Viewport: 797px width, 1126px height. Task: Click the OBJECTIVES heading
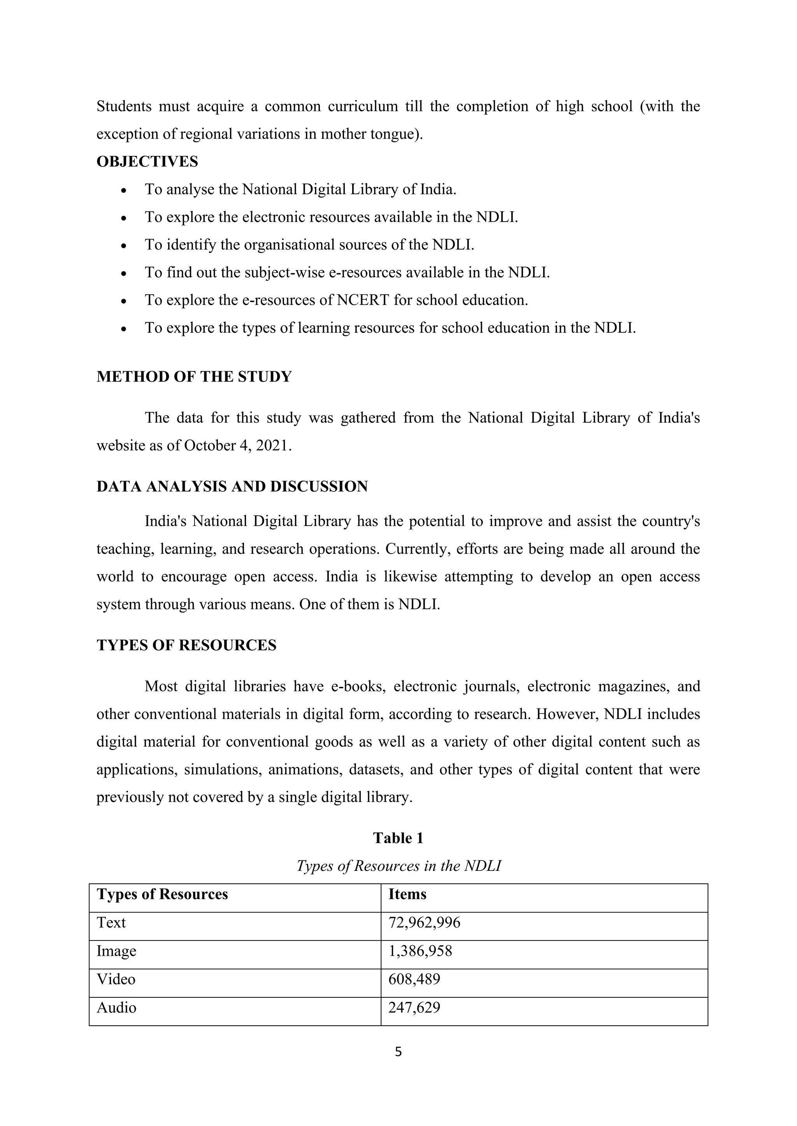tap(147, 161)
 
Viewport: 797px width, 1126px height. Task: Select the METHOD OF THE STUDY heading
tap(194, 377)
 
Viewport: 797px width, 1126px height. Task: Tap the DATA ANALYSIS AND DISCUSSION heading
tap(232, 486)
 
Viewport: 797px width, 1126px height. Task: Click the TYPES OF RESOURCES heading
tap(186, 645)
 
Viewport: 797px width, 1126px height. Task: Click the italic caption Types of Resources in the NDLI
tap(398, 865)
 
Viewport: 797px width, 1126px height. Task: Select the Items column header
tap(407, 894)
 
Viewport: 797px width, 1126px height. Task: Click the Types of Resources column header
tap(162, 894)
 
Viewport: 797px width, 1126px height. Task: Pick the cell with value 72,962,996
tap(425, 923)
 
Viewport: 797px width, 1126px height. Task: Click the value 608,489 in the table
tap(414, 979)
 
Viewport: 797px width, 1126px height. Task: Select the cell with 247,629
tap(414, 1007)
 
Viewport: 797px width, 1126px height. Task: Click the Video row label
tap(116, 979)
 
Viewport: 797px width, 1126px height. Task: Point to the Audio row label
tap(116, 1007)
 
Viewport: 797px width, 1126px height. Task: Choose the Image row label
tap(116, 951)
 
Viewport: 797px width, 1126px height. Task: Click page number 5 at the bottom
tap(398, 1051)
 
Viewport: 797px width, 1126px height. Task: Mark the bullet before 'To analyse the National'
tap(124, 190)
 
